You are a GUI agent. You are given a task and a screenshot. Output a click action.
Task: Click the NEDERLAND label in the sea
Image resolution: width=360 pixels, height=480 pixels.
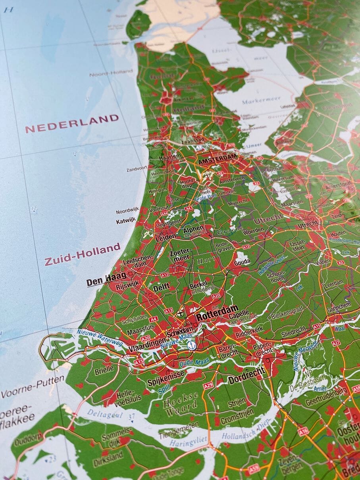(x=72, y=123)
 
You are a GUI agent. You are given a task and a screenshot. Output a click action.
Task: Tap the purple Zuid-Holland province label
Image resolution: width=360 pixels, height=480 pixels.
(x=82, y=254)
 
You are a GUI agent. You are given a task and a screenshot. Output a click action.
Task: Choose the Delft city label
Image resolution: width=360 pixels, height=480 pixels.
(x=161, y=287)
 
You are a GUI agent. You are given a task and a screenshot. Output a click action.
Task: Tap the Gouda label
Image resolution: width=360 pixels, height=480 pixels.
(x=242, y=262)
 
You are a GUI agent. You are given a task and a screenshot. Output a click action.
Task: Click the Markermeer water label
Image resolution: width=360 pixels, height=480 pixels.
(x=261, y=100)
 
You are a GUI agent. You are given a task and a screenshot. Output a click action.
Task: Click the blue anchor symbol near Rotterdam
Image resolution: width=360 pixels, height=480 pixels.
(x=192, y=345)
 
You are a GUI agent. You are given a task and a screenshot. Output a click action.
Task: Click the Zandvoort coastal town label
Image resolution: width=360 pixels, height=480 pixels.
(x=137, y=169)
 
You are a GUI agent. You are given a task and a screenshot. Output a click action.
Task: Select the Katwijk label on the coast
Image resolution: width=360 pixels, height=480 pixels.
(x=126, y=221)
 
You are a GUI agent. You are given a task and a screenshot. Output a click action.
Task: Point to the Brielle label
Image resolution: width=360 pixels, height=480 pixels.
(x=104, y=371)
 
